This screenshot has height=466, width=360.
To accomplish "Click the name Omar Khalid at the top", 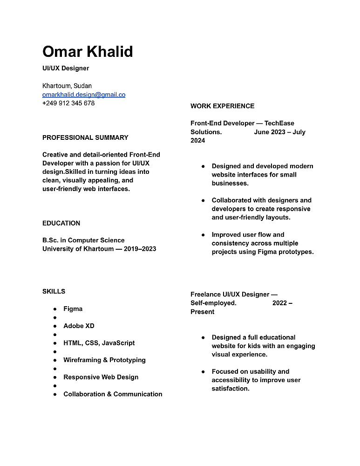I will (88, 51).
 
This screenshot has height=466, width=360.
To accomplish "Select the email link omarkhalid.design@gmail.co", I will (84, 95).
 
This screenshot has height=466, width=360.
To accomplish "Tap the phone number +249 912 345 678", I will (68, 103).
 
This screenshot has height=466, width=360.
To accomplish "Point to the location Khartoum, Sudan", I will (67, 86).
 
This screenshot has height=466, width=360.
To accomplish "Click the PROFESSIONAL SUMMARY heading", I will (85, 137).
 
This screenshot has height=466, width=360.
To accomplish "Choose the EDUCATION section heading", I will (61, 223).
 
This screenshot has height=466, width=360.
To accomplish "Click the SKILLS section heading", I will (54, 291).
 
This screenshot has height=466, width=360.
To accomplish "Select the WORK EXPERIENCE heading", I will (222, 106).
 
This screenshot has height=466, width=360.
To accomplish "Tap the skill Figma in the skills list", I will (73, 308).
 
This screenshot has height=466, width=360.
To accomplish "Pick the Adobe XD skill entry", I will (79, 326).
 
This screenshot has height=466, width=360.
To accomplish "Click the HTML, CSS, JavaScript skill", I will (99, 343).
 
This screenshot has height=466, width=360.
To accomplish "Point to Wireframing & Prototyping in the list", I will (104, 360).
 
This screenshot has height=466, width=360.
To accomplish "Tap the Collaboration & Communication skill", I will (113, 394).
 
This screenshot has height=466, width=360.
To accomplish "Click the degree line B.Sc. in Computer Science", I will (83, 240).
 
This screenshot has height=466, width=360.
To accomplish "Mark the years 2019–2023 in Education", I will (140, 249).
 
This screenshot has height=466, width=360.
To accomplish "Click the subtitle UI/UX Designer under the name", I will (66, 68).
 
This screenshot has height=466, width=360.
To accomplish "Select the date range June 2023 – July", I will (279, 132).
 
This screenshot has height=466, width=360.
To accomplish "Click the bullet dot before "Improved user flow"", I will (203, 235).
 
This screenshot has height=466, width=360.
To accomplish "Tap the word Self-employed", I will (213, 303).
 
